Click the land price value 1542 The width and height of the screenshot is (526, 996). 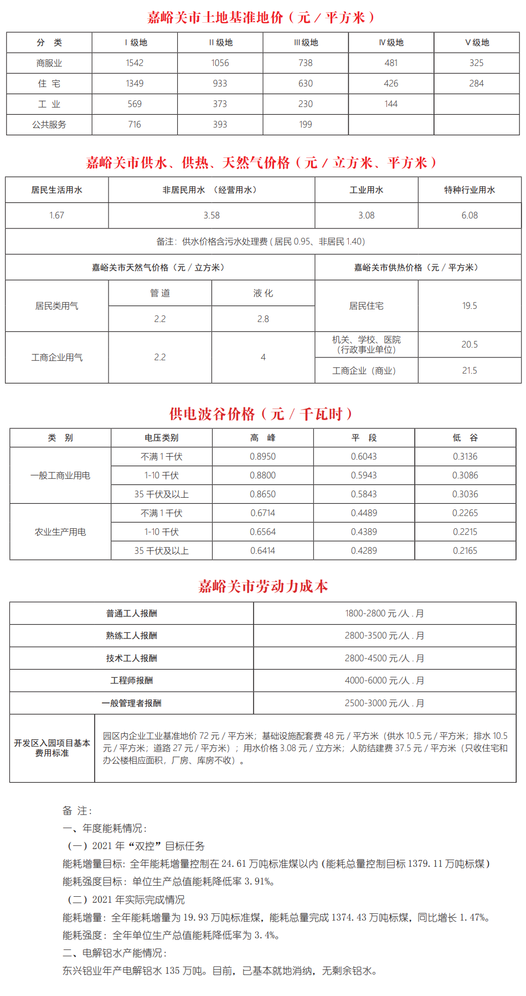point(135,63)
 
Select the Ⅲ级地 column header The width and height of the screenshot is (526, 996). point(306,43)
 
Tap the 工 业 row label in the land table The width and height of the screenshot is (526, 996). point(49,104)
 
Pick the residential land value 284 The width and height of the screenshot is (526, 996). point(476,84)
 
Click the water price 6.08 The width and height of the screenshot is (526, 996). point(470,216)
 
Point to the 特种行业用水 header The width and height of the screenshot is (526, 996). point(470,190)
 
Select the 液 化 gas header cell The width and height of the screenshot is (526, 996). point(263,293)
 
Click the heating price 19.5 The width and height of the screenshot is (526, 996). point(470,306)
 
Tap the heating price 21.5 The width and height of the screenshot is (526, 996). point(470,371)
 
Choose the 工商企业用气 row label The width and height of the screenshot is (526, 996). point(57,357)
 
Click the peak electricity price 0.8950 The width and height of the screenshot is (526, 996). point(262,457)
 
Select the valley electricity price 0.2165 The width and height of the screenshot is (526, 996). point(465,551)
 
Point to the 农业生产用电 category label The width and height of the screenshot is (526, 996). point(60,532)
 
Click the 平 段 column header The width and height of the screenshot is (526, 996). point(364,438)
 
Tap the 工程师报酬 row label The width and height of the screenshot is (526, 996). point(132,681)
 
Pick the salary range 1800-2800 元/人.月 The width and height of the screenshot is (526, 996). point(384,614)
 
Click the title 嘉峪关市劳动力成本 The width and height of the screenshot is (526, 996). point(263,586)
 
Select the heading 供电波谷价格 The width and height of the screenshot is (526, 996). point(261,414)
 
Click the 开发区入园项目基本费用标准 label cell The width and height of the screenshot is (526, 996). point(52,748)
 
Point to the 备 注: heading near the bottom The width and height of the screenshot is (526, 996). point(78,811)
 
